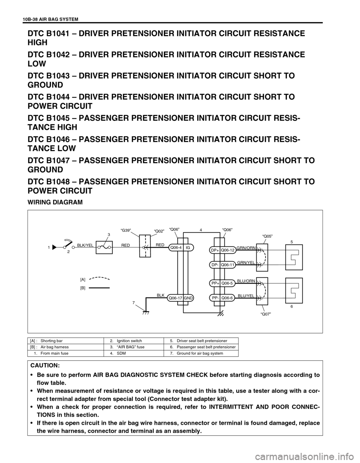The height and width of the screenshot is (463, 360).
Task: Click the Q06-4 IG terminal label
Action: coord(181,247)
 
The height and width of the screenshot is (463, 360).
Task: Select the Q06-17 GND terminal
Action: coord(180,298)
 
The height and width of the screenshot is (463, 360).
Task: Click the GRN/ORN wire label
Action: coord(246,248)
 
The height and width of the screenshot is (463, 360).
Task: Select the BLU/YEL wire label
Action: coord(246,296)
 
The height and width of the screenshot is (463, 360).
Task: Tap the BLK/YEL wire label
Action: coord(85,244)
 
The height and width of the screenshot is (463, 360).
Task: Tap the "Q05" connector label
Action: coord(267,236)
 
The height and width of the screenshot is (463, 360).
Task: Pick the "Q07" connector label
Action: coord(265,314)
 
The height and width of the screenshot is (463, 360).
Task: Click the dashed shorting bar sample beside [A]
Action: coord(100,279)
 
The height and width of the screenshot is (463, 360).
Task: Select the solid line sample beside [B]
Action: coord(100,288)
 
